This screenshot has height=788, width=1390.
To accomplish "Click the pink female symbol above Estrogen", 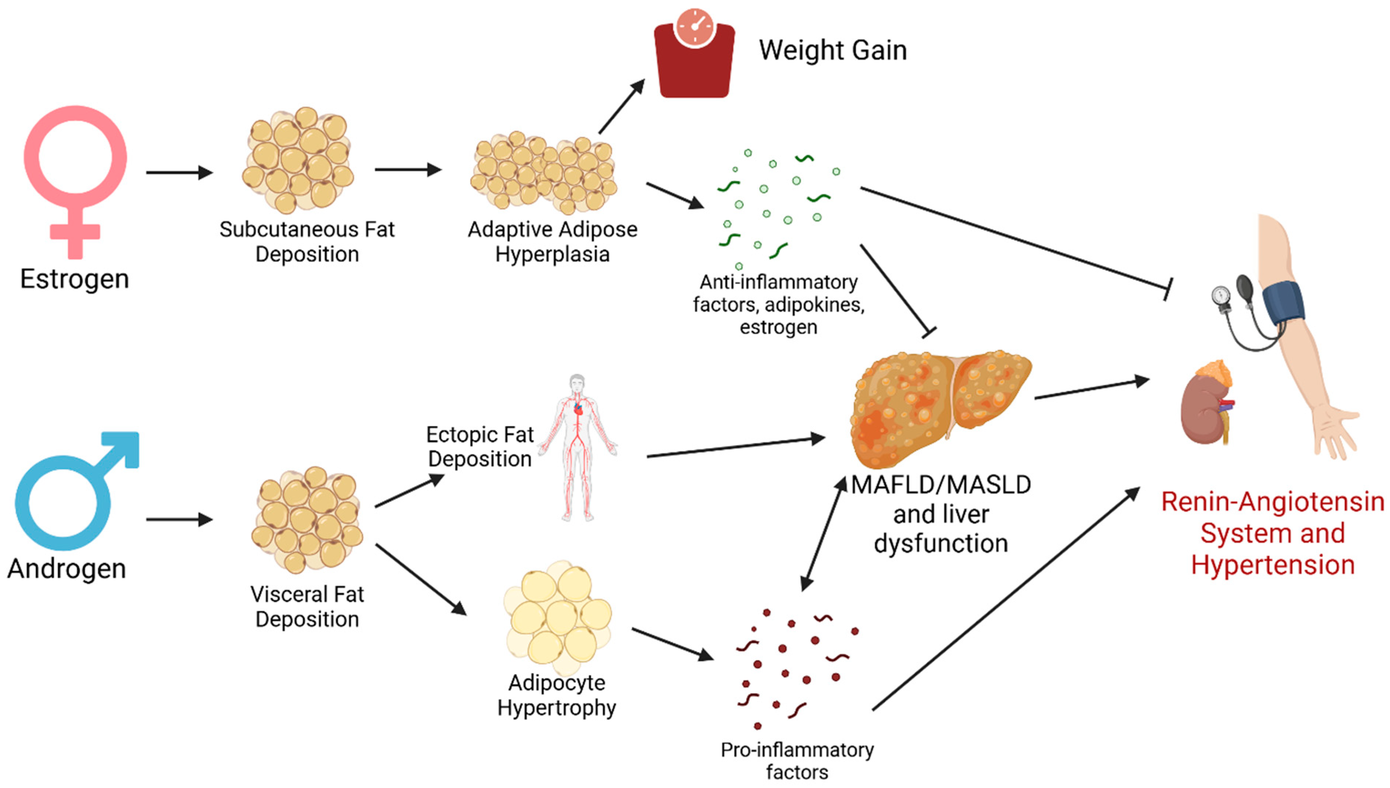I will [75, 162].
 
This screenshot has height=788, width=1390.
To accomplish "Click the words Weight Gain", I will [832, 50].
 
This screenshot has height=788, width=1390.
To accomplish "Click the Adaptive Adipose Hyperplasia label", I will [552, 241].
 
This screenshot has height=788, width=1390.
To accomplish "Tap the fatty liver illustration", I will [939, 409].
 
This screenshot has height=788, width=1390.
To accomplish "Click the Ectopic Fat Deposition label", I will [480, 447].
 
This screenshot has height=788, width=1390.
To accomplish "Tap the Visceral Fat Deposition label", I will [307, 606].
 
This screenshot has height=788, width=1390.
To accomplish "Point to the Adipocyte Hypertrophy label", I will [557, 695].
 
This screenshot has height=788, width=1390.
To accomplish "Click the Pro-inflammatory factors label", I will [797, 761].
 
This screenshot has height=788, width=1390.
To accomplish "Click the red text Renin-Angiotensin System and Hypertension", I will [1273, 533].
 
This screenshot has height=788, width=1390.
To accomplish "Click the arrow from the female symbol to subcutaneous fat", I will [179, 173].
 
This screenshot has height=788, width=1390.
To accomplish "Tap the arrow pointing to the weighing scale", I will [622, 106].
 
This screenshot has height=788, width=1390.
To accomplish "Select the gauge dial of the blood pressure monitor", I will [1221, 295].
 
